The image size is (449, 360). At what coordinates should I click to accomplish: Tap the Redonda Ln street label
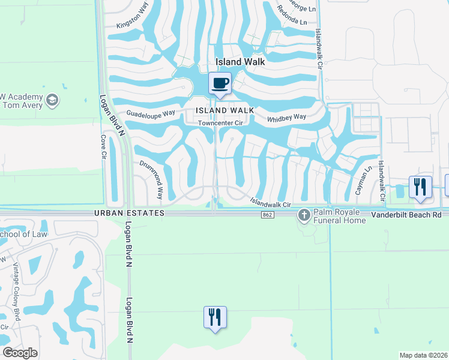point(292,19)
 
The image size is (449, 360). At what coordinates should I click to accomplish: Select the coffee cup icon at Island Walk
point(220,83)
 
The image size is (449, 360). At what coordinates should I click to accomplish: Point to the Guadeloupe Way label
point(150,113)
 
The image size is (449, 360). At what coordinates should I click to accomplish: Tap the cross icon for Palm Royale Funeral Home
point(304,215)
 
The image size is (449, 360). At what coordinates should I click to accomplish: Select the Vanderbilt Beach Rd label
point(406,214)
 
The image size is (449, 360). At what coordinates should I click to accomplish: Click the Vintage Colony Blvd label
point(16,289)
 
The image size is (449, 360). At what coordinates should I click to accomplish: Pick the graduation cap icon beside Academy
point(52,100)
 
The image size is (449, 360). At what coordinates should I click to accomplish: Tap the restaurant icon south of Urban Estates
point(214,317)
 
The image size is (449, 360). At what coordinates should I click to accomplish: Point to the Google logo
point(20,353)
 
